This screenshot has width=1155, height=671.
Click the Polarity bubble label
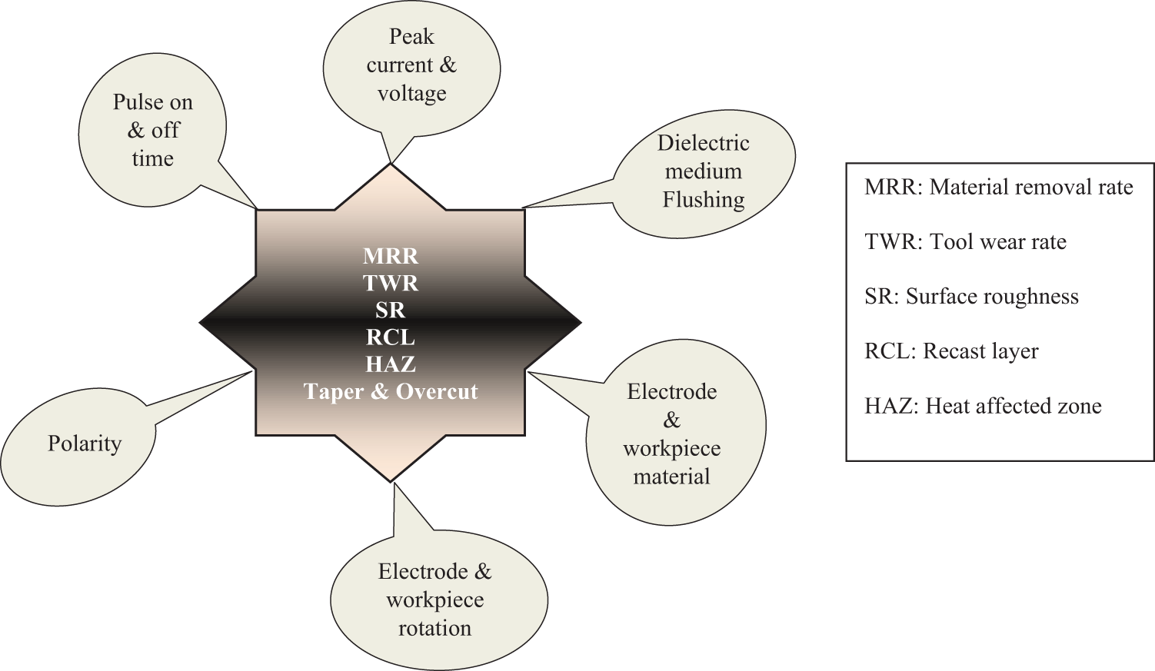tap(85, 443)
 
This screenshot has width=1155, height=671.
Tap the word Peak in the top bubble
tap(411, 37)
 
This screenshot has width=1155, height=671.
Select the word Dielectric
tap(703, 143)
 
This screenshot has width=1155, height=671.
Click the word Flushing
tap(704, 200)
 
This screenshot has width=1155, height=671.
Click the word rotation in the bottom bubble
tap(434, 628)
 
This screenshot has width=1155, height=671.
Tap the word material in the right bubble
tap(671, 477)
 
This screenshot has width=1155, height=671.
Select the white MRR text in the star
tap(391, 256)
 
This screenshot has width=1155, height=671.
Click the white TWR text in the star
tap(391, 283)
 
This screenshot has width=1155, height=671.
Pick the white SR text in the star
tap(391, 311)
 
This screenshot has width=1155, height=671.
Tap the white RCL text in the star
tap(391, 337)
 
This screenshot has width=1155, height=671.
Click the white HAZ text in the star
tap(391, 364)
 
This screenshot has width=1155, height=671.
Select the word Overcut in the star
tap(437, 392)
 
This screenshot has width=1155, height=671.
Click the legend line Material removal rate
tap(1030, 187)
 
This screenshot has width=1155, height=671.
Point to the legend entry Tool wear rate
tap(997, 241)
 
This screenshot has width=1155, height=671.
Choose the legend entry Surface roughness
tap(992, 297)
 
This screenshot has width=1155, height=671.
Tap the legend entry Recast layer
tap(980, 351)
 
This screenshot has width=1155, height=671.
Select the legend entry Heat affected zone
tap(1014, 406)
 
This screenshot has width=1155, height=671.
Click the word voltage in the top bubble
tap(412, 93)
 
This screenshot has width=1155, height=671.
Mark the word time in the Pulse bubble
tap(152, 158)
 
